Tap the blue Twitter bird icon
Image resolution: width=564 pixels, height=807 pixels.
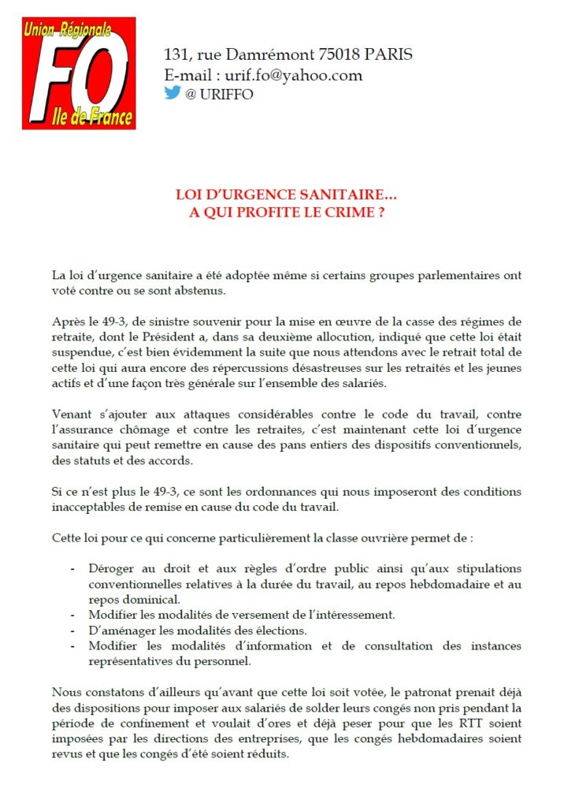point(173,92)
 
